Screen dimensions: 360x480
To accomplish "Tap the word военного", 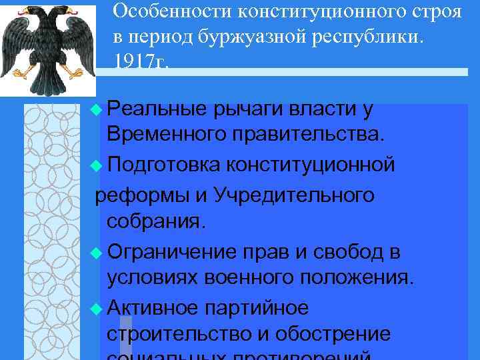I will click(x=248, y=277).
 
